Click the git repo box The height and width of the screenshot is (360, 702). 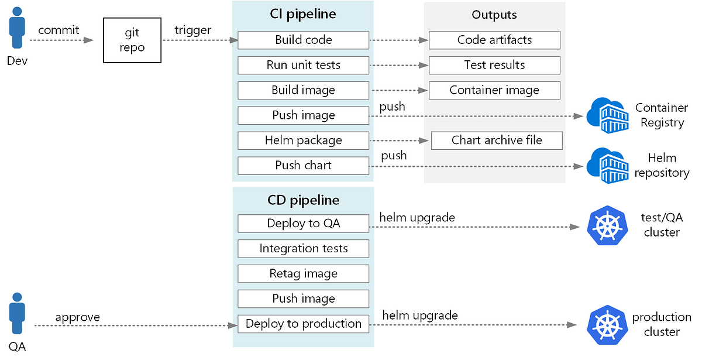(132, 40)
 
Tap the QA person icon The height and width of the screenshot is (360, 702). (17, 315)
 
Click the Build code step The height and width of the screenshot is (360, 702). (303, 40)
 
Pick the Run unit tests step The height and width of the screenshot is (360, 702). (303, 65)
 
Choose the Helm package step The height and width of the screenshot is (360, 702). (303, 140)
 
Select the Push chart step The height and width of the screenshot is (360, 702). (303, 166)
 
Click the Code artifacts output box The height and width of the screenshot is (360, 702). (494, 40)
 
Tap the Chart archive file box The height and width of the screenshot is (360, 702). (497, 140)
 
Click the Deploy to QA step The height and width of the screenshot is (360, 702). (303, 224)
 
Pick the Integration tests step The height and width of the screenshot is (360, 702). (303, 249)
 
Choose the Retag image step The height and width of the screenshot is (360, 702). (303, 273)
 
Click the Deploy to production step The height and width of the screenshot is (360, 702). (303, 324)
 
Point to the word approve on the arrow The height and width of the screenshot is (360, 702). (77, 317)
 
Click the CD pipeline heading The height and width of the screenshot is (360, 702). (303, 200)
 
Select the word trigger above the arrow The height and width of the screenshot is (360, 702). (192, 29)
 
